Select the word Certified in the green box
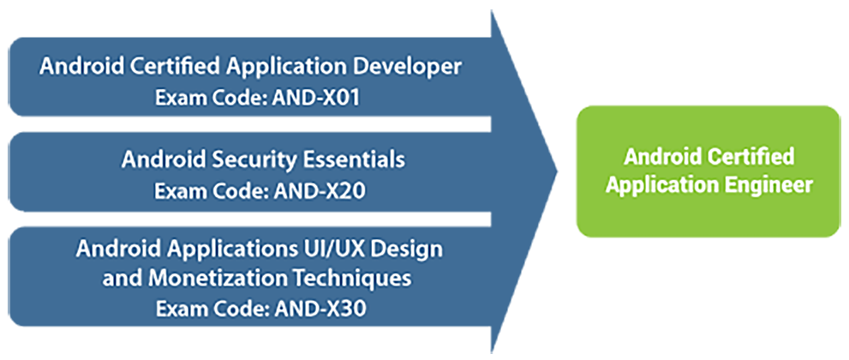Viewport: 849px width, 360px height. tap(751, 158)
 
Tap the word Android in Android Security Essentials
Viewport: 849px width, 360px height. tap(156, 160)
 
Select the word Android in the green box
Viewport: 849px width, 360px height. tap(662, 158)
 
